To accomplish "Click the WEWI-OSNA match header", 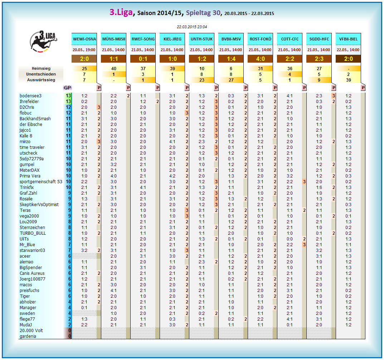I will pos(84,39).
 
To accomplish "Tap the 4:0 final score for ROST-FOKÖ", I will pos(260,59).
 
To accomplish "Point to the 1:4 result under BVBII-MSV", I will pos(231,59).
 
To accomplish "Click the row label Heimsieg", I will pos(41,68).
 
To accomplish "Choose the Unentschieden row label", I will pos(41,74).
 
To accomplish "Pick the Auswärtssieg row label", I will pos(41,80).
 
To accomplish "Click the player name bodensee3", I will pos(30,96).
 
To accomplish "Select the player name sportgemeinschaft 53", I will pos(41,181).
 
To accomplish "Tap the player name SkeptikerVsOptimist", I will pos(39,204).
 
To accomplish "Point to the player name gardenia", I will pos(28,336).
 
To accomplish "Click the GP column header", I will pos(67,88).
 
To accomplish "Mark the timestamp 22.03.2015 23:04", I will pos(192,27).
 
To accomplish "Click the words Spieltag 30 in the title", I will pos(203,13).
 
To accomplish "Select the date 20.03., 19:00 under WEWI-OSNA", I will pos(84,50).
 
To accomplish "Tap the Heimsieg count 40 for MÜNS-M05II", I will pos(114,68).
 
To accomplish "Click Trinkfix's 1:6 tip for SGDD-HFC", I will pos(319,187).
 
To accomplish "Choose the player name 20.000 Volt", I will pos(31,330).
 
